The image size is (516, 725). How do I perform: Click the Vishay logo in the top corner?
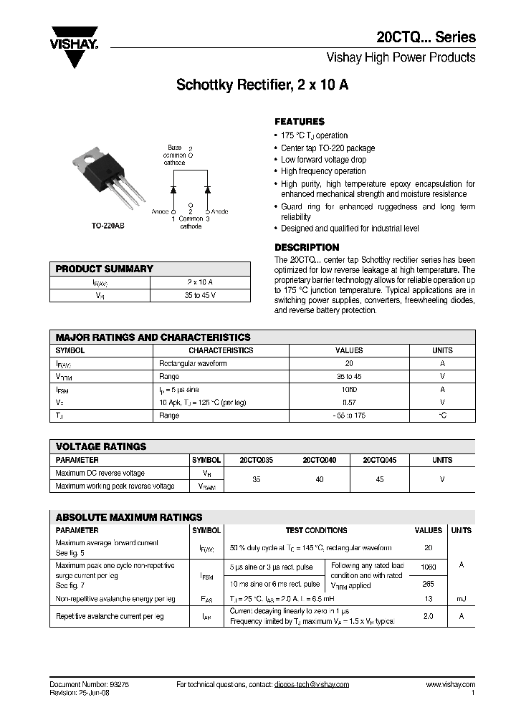tap(75, 39)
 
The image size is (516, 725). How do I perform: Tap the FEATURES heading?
tap(300, 122)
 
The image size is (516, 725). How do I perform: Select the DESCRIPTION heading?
tap(307, 247)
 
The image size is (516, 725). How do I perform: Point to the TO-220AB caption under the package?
tap(107, 225)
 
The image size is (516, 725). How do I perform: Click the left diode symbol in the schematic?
tap(173, 189)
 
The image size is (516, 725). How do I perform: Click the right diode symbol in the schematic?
tap(208, 189)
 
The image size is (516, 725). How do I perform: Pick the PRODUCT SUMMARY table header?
tap(105, 269)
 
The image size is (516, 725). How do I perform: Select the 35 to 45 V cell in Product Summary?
tap(200, 295)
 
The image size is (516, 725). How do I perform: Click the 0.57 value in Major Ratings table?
tap(349, 402)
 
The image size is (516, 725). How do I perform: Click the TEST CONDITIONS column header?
tap(316, 530)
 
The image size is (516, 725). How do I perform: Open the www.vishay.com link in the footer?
tap(450, 684)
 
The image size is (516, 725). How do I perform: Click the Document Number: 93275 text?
tap(90, 684)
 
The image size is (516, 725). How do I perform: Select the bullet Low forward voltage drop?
tap(323, 160)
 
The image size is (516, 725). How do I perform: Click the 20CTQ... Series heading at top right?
tap(426, 37)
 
